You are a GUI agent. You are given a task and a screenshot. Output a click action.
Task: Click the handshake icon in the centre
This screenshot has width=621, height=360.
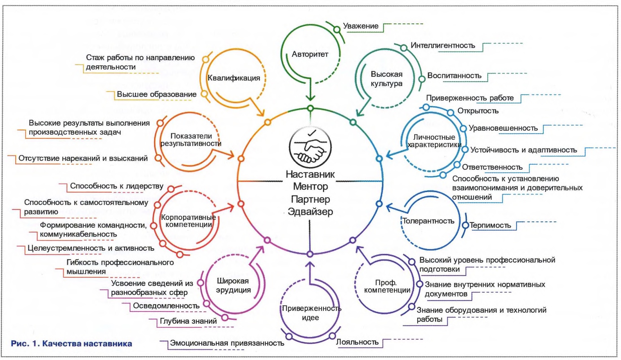(310, 148)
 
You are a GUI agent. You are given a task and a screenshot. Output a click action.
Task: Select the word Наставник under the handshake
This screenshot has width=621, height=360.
(310, 174)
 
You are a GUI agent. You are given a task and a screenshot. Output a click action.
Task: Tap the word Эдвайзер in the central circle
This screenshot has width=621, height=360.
(310, 211)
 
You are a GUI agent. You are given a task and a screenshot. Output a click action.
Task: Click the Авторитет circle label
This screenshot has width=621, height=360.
(310, 54)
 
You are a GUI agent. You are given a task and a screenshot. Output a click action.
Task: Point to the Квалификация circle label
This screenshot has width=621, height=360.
(234, 78)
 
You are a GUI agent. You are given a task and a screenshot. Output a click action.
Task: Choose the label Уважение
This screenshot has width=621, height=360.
(360, 26)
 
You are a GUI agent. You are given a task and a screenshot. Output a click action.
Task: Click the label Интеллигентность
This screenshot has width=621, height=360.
(443, 46)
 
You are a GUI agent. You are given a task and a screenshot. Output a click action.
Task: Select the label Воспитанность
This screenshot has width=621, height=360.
(454, 76)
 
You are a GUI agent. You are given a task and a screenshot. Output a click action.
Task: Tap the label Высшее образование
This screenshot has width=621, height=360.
(156, 94)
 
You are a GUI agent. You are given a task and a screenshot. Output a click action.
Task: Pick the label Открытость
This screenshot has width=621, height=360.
(478, 111)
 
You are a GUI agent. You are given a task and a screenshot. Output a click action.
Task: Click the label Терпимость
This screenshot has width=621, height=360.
(490, 225)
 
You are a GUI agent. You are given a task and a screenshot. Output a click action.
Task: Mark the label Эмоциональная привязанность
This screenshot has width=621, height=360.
(227, 343)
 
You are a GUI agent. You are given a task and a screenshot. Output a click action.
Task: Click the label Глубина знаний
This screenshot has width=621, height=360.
(188, 321)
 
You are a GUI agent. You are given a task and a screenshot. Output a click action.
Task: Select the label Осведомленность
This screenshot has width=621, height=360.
(166, 306)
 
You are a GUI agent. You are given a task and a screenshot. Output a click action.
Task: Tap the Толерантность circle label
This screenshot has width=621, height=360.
(428, 221)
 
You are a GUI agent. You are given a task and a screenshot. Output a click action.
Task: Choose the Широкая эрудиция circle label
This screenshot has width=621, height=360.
(233, 285)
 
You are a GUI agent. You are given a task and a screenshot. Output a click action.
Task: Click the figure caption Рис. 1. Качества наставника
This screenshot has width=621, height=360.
(71, 343)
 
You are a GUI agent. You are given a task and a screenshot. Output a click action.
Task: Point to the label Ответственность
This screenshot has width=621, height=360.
(492, 167)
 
